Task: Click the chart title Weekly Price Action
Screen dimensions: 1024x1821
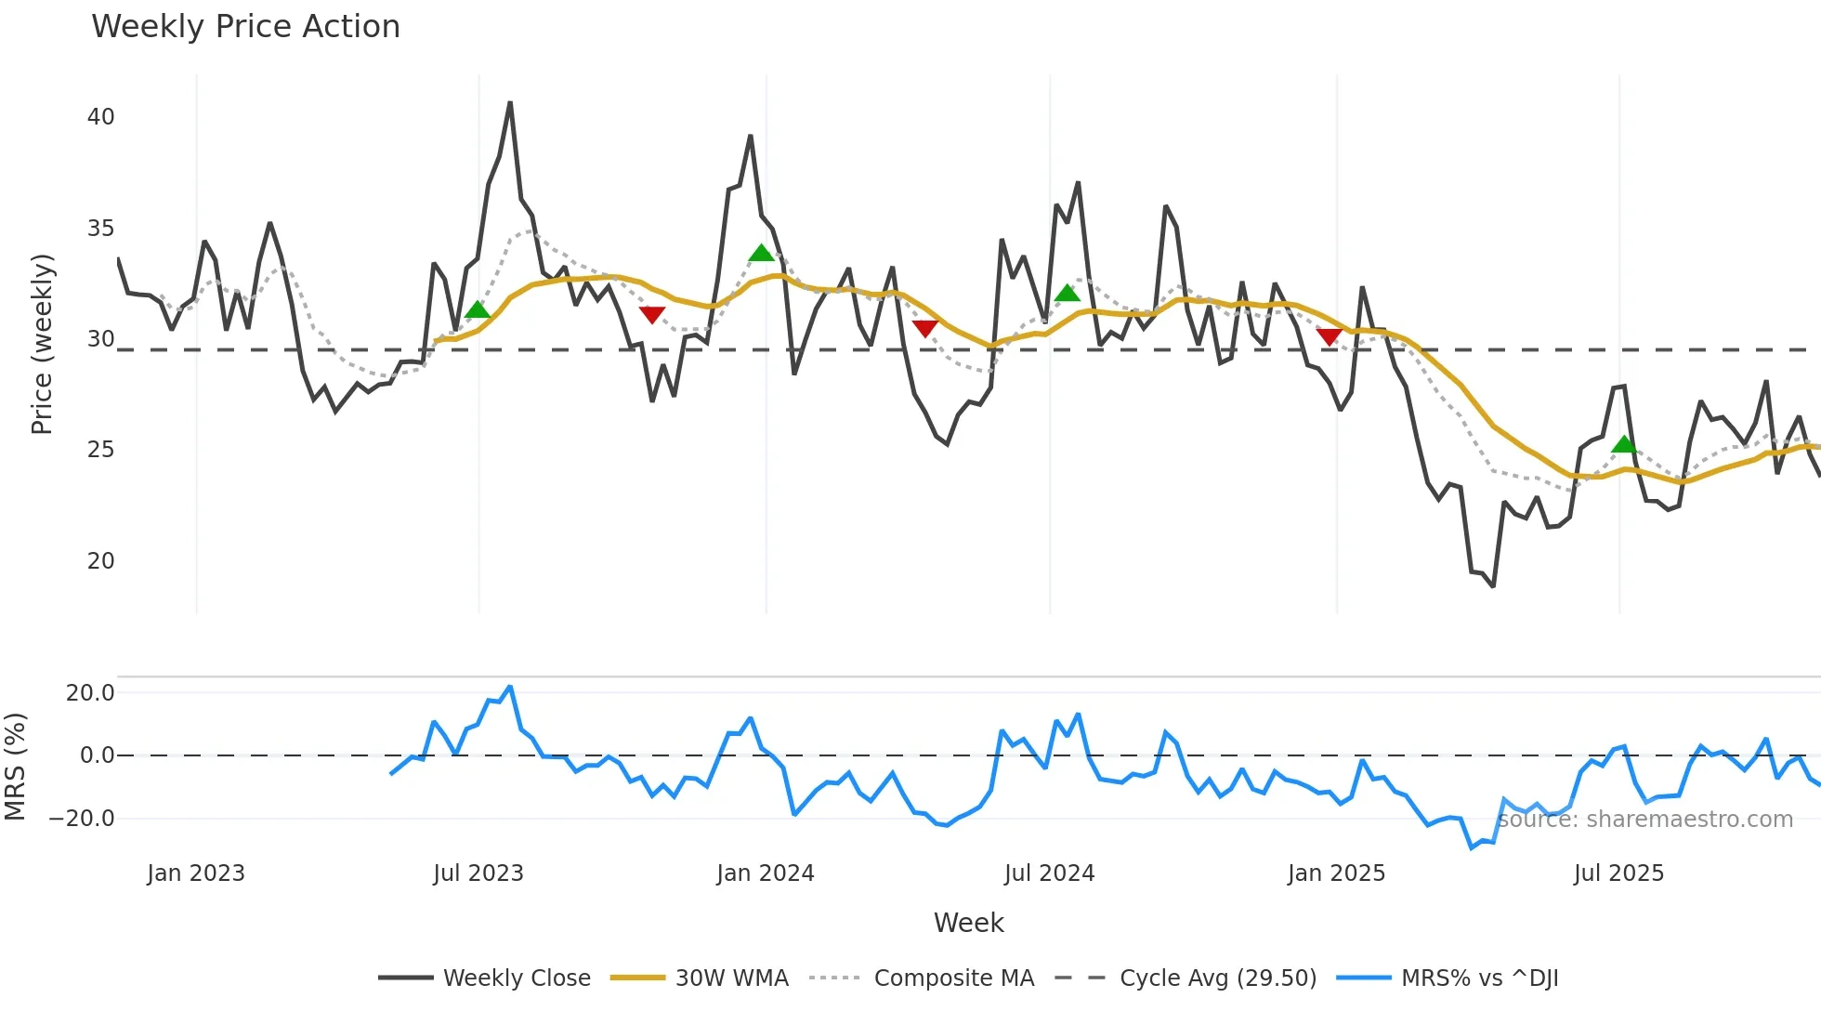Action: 245,27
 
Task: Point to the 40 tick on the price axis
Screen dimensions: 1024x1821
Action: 100,117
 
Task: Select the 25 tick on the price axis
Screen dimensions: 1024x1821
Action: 100,450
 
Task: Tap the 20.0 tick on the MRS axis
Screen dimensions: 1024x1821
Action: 90,693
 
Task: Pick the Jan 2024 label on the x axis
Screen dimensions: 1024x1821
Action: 765,873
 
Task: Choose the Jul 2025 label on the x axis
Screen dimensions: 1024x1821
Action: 1618,873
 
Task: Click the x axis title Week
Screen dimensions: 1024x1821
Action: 968,923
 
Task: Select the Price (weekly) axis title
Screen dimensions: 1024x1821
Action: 42,344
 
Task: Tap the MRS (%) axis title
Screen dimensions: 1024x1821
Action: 15,767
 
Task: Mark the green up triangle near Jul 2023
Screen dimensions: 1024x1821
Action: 477,309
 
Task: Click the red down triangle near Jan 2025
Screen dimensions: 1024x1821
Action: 1330,336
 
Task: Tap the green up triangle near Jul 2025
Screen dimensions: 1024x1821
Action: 1623,444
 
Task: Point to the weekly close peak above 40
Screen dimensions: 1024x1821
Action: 510,103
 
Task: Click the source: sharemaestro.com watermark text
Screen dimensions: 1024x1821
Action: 1644,820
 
